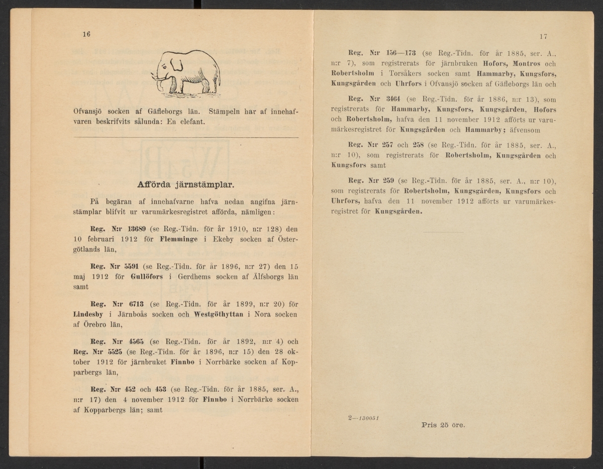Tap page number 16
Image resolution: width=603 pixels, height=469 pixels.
tap(86, 34)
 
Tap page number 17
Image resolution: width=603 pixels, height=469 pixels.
tap(543, 36)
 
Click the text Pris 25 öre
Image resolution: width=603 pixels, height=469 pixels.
tap(443, 425)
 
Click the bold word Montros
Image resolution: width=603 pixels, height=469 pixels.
tap(527, 64)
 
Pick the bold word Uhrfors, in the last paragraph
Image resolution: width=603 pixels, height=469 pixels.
tap(344, 202)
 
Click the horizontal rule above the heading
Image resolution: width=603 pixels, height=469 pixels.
tap(186, 137)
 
